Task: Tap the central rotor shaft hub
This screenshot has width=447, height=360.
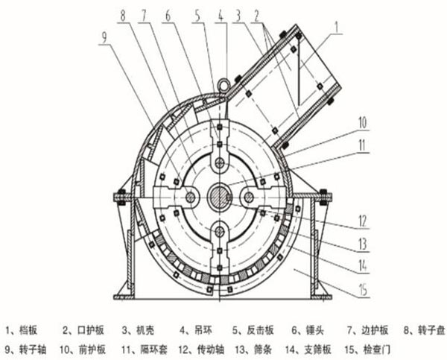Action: click(220, 197)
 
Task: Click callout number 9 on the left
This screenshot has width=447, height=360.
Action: click(104, 37)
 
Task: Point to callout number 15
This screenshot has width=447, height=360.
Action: click(363, 290)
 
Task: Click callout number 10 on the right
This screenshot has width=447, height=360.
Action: click(362, 123)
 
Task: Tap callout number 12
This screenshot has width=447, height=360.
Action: click(362, 221)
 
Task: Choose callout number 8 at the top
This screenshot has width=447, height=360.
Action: click(123, 16)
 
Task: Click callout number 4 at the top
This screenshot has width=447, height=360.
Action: click(221, 16)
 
